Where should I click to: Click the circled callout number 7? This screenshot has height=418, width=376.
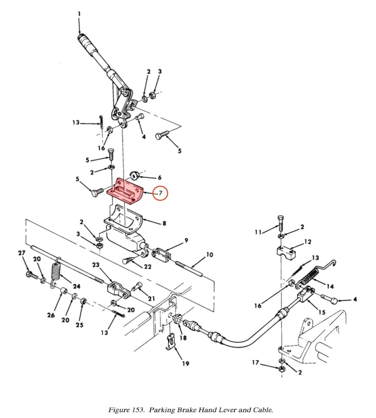click(160, 193)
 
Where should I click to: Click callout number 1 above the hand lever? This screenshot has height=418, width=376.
click(79, 14)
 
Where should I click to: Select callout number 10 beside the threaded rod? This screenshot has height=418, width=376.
click(209, 255)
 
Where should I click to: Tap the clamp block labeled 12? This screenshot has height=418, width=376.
click(285, 253)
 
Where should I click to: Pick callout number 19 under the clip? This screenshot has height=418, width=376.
click(186, 363)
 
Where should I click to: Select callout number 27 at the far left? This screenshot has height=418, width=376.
click(22, 253)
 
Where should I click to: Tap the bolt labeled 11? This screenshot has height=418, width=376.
click(280, 222)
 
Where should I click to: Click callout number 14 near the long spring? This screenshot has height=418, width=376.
click(330, 286)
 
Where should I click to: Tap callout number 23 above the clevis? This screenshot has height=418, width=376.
click(96, 265)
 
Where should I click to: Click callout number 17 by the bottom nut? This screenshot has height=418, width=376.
click(256, 362)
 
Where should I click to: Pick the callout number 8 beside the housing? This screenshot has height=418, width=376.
click(164, 223)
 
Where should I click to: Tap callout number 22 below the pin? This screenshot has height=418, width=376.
click(148, 267)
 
